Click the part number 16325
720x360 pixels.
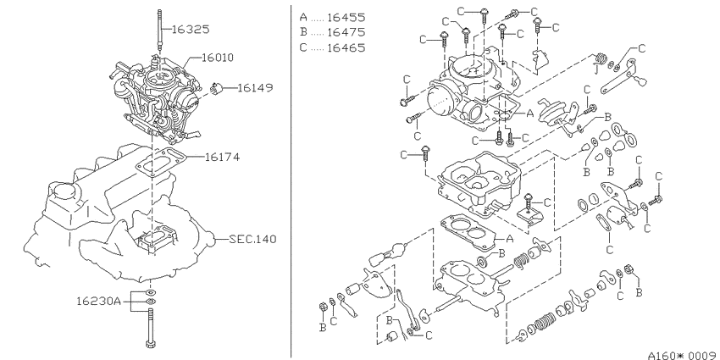tap(191, 30)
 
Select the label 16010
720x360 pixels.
tap(218, 58)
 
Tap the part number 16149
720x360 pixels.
tap(255, 87)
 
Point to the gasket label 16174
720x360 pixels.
tap(222, 157)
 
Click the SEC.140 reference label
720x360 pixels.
tap(253, 239)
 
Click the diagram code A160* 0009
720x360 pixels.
tap(684, 355)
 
